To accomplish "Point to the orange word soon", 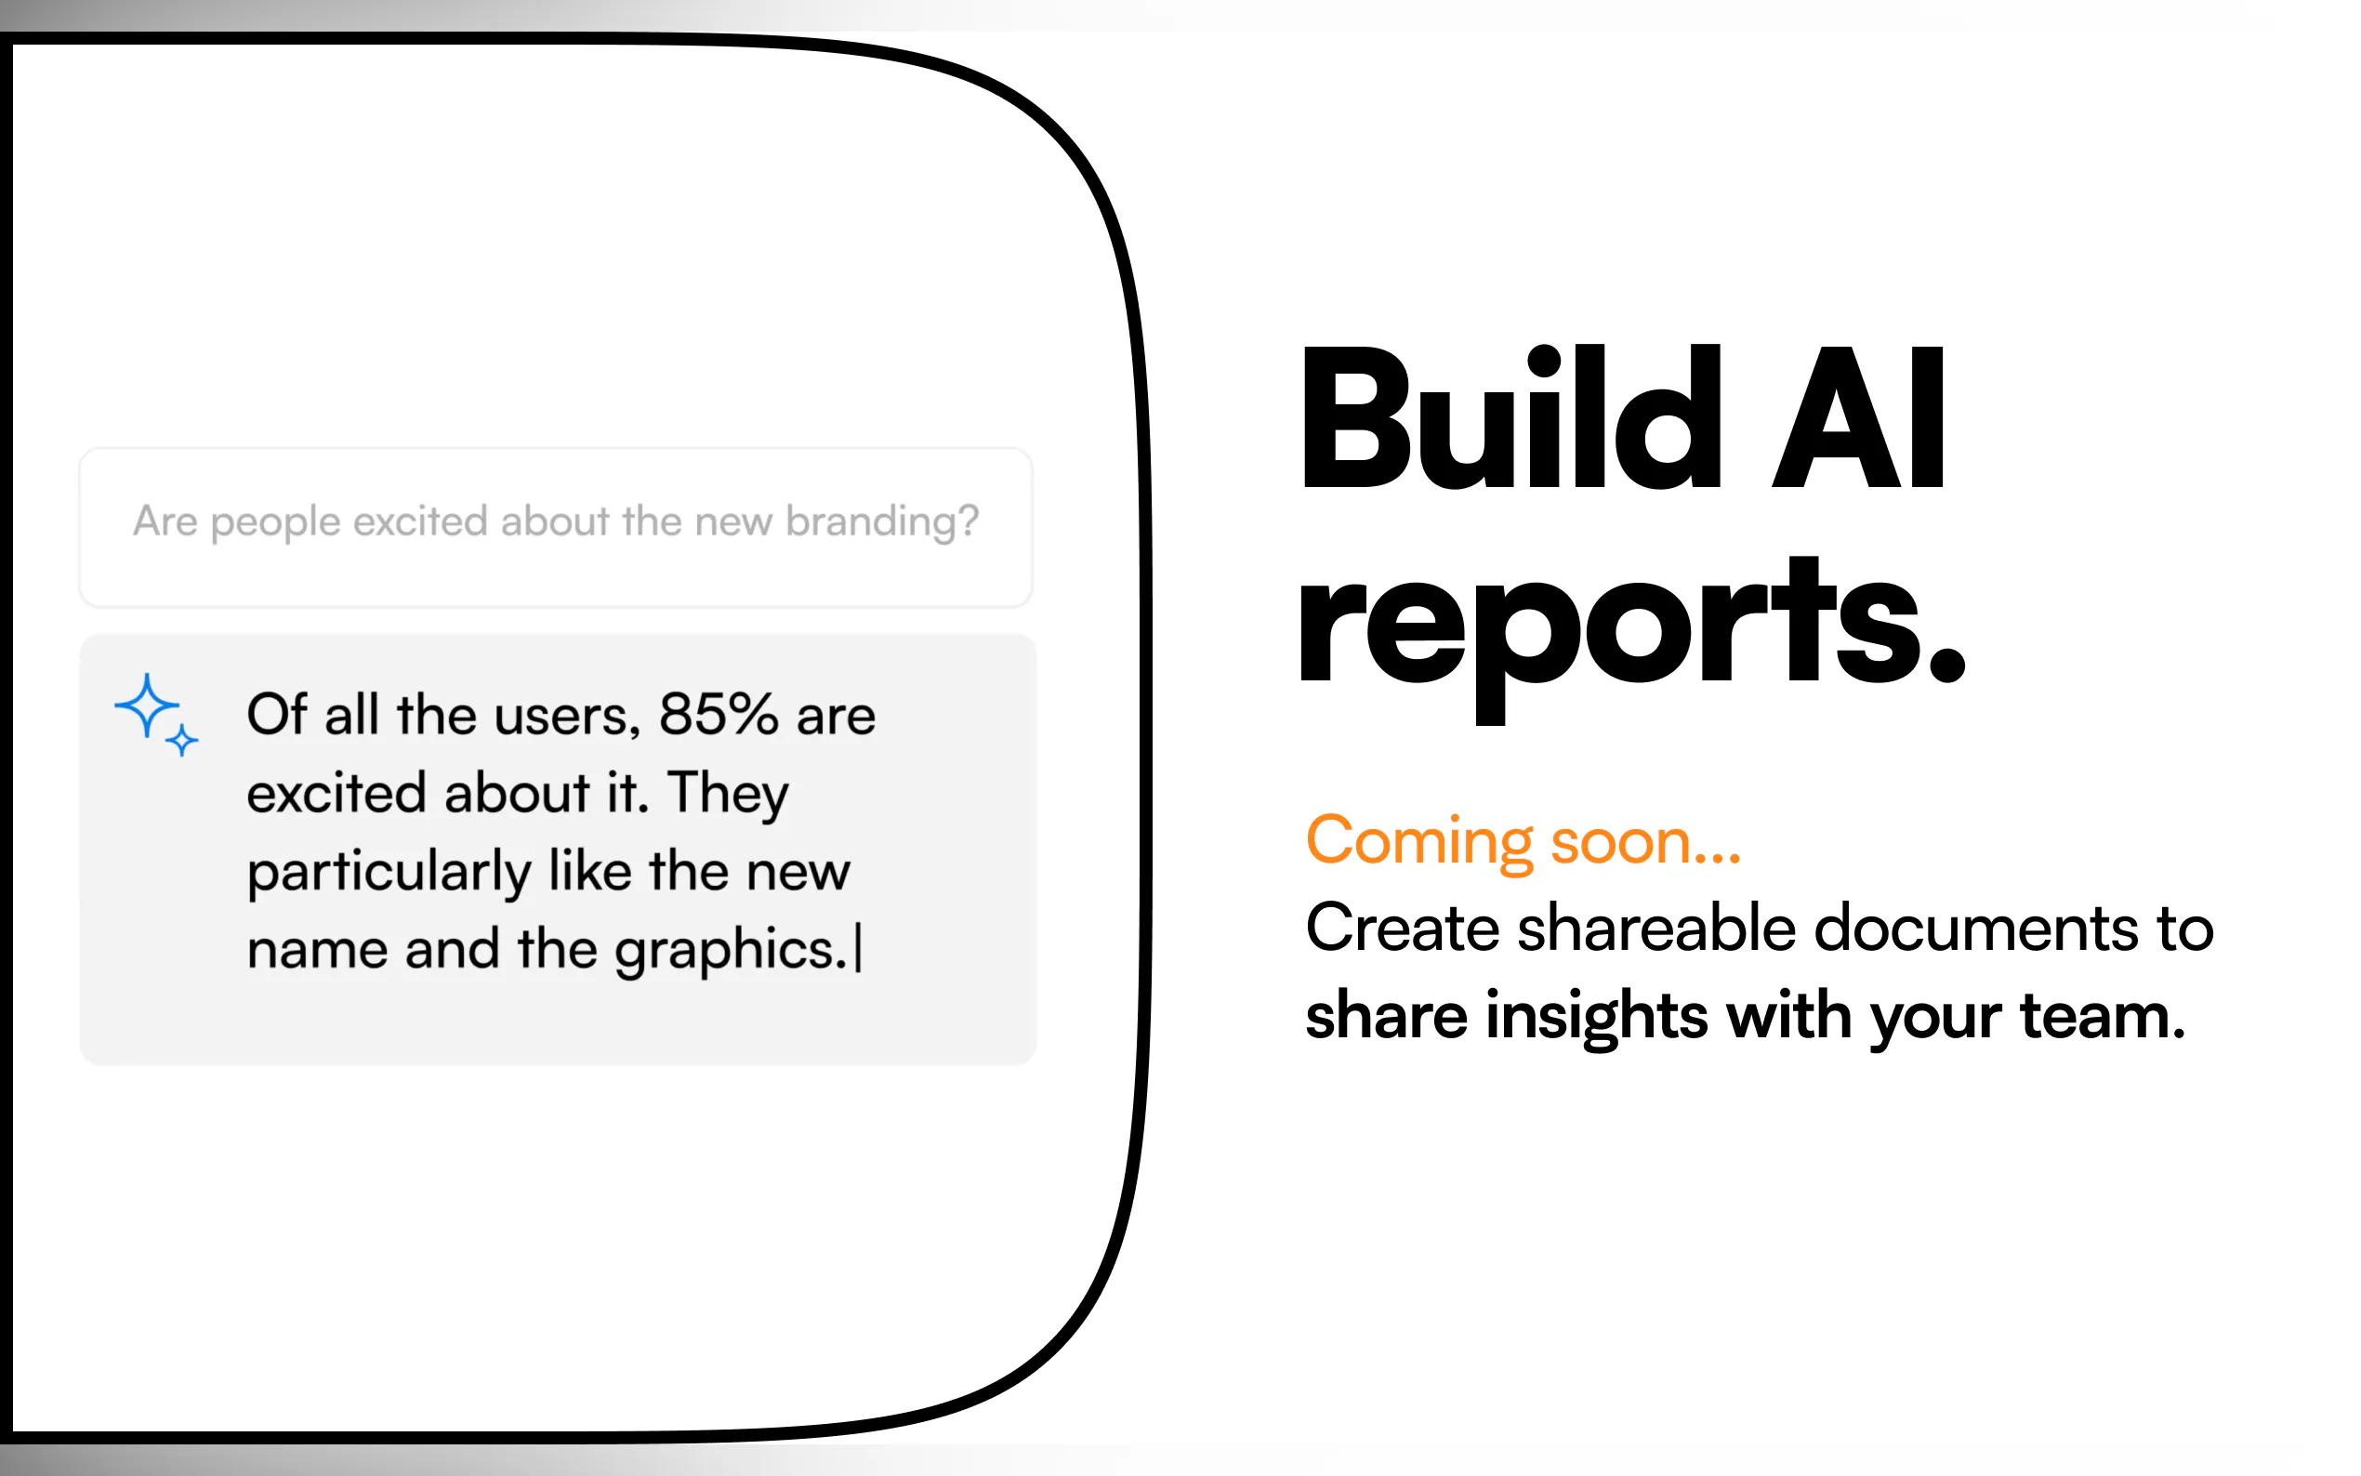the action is click(1645, 842).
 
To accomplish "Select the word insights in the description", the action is click(1597, 1017).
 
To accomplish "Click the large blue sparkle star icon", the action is click(147, 705).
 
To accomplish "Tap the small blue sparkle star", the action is click(181, 741).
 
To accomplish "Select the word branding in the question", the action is click(881, 522).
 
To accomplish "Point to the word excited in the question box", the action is click(420, 521).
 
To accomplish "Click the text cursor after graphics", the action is click(858, 950).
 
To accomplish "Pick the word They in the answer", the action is click(728, 794).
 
